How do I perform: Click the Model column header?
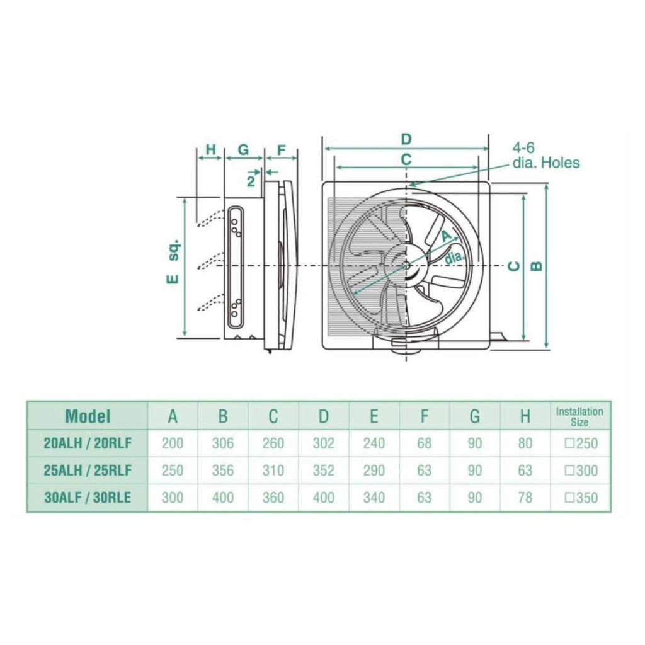[88, 416]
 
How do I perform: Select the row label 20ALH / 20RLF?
[88, 443]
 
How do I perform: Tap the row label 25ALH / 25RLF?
[88, 471]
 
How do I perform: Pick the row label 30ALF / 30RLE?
[88, 498]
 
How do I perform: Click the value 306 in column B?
[222, 443]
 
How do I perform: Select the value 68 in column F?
[425, 443]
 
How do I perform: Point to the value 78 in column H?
[525, 498]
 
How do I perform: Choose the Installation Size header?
[579, 416]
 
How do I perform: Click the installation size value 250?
[581, 443]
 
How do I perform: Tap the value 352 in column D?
[323, 471]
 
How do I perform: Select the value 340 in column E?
[374, 498]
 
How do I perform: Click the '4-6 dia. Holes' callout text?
[545, 156]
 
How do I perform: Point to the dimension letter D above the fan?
[406, 139]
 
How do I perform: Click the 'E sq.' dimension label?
[173, 261]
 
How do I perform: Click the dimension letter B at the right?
[537, 266]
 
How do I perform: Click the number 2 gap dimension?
[251, 181]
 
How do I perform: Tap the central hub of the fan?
[406, 266]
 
